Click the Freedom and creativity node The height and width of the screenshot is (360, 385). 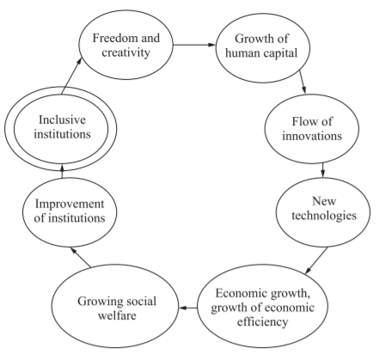click(x=126, y=45)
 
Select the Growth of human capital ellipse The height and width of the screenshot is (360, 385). click(x=263, y=48)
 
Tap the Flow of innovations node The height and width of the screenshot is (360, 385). click(x=312, y=129)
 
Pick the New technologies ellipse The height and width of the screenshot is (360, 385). click(x=323, y=212)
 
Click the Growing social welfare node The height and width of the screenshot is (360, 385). click(x=115, y=306)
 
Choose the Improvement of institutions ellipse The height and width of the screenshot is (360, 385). click(x=70, y=212)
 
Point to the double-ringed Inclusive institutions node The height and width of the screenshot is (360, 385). click(x=61, y=129)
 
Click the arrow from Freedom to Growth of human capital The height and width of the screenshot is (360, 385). click(x=194, y=45)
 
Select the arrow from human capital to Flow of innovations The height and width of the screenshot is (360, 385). click(x=302, y=82)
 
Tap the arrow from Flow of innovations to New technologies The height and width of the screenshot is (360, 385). click(x=323, y=170)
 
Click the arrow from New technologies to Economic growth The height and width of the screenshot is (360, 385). click(x=316, y=261)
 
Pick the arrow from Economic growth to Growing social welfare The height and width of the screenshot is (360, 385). click(x=188, y=308)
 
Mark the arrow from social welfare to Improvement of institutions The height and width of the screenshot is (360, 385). click(x=81, y=258)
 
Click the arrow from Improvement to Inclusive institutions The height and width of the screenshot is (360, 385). click(x=62, y=171)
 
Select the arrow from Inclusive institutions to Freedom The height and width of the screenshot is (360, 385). click(x=71, y=76)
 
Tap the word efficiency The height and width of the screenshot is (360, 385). click(x=262, y=322)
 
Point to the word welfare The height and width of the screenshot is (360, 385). click(x=117, y=315)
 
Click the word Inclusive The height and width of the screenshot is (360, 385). click(x=62, y=119)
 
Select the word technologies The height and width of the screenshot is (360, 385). click(x=324, y=216)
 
